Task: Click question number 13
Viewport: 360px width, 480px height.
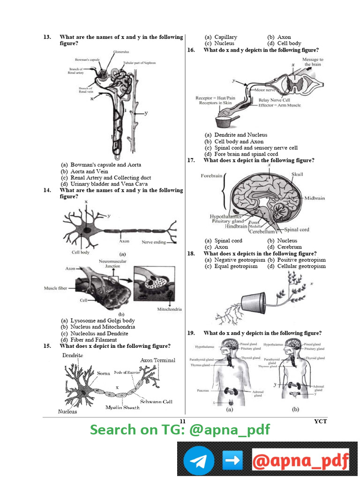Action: [47, 37]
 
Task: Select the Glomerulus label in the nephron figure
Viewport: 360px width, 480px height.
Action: [120, 52]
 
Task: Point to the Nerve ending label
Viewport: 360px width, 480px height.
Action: [153, 242]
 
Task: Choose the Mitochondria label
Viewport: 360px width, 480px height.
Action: [169, 309]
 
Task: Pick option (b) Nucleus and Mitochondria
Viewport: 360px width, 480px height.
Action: [98, 327]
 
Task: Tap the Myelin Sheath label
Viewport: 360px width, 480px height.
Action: [122, 407]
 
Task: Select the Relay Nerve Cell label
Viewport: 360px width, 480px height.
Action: [274, 100]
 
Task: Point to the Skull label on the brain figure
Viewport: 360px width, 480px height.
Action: [297, 174]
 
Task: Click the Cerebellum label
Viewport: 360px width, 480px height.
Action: [261, 232]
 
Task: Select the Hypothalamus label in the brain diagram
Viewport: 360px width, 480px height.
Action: [225, 217]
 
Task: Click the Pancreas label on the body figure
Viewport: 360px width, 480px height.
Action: [203, 390]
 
